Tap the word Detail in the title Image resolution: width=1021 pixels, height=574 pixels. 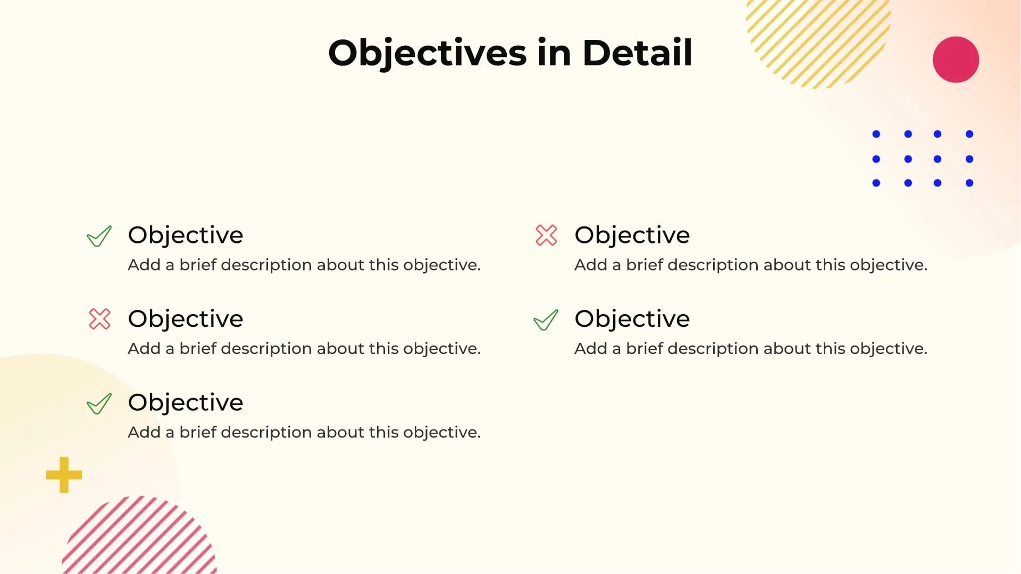[637, 53]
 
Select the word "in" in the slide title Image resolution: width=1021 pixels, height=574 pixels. [554, 53]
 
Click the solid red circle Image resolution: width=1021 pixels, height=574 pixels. [956, 60]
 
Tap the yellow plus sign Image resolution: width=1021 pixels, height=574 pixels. [64, 475]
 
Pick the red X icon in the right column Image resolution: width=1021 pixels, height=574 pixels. [546, 235]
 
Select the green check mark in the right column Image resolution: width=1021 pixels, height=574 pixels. [546, 319]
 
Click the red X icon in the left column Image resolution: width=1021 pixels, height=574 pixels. [99, 319]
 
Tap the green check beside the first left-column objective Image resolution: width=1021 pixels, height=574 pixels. [99, 236]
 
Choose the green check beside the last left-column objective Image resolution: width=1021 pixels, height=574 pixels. [99, 403]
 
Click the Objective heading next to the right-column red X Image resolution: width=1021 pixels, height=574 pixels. [632, 235]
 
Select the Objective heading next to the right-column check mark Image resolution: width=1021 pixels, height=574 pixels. [632, 319]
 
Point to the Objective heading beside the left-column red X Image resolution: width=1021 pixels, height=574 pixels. [185, 319]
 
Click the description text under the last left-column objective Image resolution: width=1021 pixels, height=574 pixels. [304, 432]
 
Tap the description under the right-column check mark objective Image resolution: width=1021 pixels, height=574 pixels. [750, 349]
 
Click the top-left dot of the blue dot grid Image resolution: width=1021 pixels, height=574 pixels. [876, 134]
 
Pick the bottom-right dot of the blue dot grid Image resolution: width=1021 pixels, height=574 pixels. [969, 183]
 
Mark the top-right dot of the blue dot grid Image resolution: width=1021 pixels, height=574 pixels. [969, 134]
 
